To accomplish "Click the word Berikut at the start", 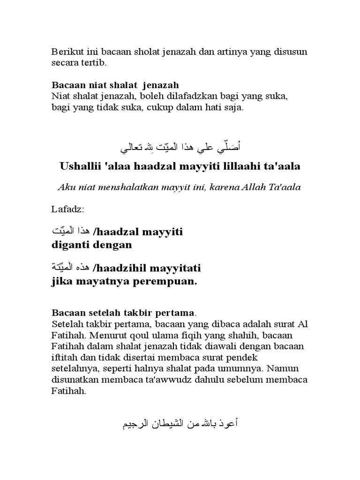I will pos(63,52).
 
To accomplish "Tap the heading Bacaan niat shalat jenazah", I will pos(115,85).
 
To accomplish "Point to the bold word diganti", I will pos(67,245).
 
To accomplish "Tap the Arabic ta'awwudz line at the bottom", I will pos(180,424).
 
